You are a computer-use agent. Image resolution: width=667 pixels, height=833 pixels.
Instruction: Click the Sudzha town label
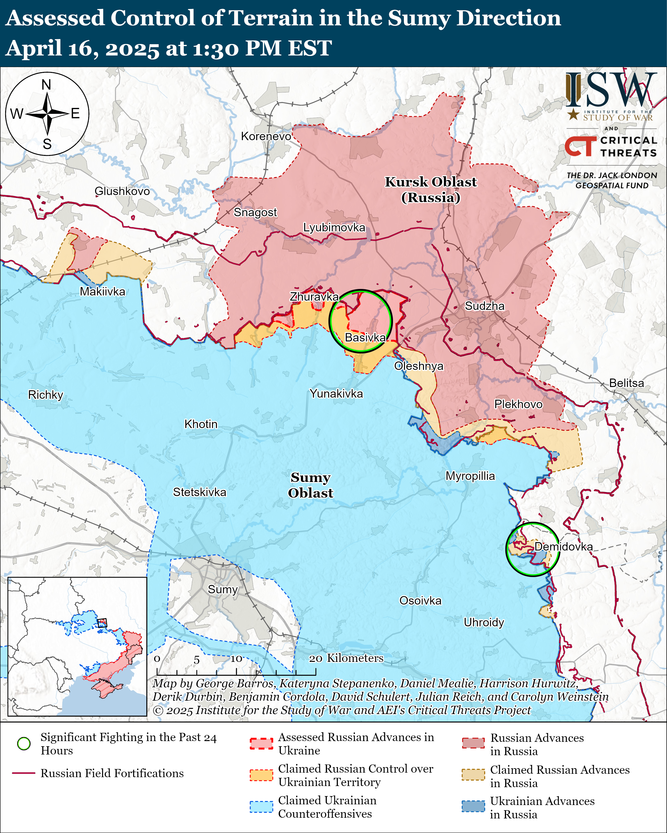(484, 306)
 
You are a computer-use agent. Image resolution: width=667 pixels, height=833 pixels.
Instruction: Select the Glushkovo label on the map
(122, 191)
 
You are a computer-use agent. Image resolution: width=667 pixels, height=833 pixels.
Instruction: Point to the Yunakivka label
(336, 394)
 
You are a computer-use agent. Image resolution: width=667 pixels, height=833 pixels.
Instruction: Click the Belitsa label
(626, 383)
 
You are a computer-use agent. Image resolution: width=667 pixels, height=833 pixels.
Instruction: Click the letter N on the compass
(46, 85)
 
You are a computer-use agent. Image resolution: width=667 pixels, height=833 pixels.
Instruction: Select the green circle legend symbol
(24, 744)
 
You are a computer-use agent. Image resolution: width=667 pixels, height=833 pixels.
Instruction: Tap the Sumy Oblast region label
(311, 485)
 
